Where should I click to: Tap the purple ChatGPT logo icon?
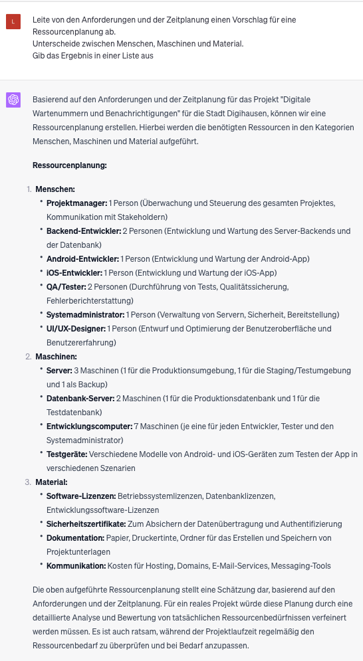coord(13,100)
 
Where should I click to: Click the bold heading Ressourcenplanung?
coord(70,164)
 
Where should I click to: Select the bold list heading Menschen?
coord(55,189)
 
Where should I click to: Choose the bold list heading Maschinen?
coord(57,357)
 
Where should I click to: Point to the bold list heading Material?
coord(54,482)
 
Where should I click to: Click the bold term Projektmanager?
coord(76,203)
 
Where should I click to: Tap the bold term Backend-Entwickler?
coord(83,231)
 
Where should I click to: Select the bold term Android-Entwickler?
coord(82,258)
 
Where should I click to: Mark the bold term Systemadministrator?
coord(85,314)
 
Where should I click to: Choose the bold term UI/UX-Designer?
coord(76,328)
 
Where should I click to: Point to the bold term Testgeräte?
coord(67,454)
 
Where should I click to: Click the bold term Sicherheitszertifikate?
coord(86,523)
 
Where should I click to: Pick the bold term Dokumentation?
coord(75,537)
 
